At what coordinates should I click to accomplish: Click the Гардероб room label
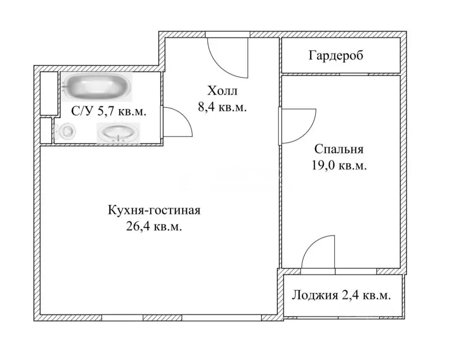336,56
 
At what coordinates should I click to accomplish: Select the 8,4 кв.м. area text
222,107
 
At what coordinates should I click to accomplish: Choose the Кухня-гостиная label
154,210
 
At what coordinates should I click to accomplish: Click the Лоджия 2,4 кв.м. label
341,295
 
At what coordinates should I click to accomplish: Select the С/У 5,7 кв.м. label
108,112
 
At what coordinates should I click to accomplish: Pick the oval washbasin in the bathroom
118,132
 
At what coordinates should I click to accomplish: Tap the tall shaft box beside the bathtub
48,93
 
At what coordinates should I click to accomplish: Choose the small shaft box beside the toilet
46,130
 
